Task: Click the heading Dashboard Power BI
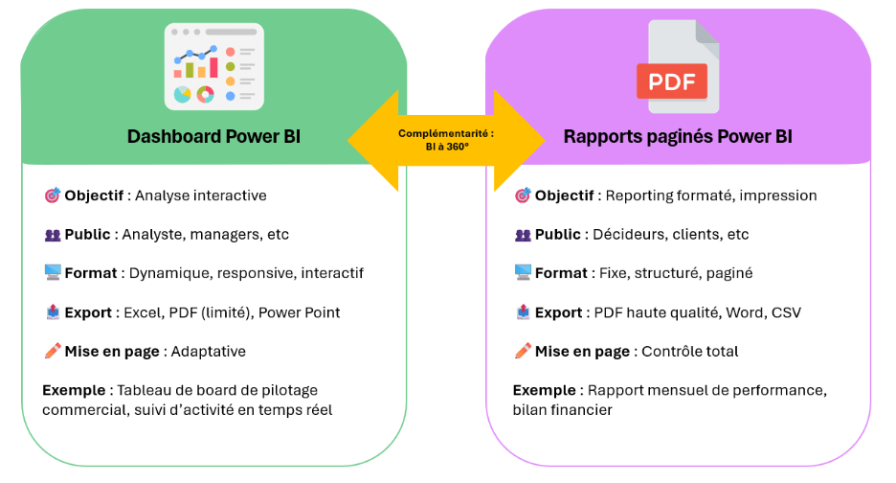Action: [213, 137]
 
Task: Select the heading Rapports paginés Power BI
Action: [678, 137]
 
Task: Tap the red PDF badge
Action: [672, 81]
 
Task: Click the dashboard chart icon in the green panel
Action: [213, 65]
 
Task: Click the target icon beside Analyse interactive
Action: [52, 195]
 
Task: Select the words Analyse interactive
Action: [201, 195]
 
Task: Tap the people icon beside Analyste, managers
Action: [52, 235]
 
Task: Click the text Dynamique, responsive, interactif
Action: [246, 273]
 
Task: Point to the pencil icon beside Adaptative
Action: [52, 352]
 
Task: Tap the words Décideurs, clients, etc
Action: [670, 235]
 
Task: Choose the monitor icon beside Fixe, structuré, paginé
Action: [523, 273]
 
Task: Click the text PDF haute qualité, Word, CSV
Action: [698, 312]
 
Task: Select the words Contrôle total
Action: [690, 352]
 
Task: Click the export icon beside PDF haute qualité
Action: [523, 312]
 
